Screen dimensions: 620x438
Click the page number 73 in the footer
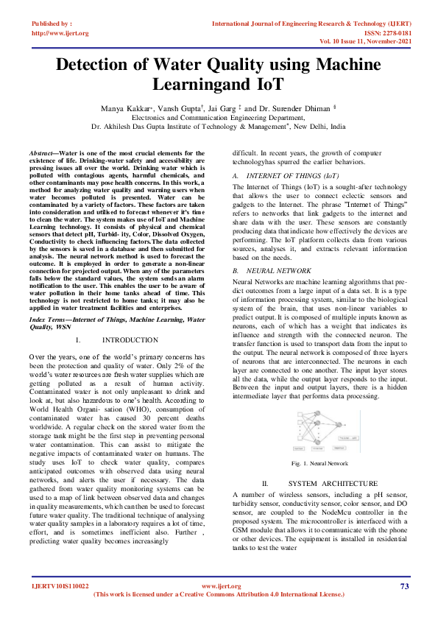tap(404, 586)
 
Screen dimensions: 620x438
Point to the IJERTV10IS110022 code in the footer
tap(60, 586)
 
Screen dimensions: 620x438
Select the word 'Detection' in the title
tap(96, 65)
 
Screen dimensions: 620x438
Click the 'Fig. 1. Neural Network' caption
tap(319, 463)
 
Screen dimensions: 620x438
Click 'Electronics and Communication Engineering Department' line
tap(218, 117)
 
